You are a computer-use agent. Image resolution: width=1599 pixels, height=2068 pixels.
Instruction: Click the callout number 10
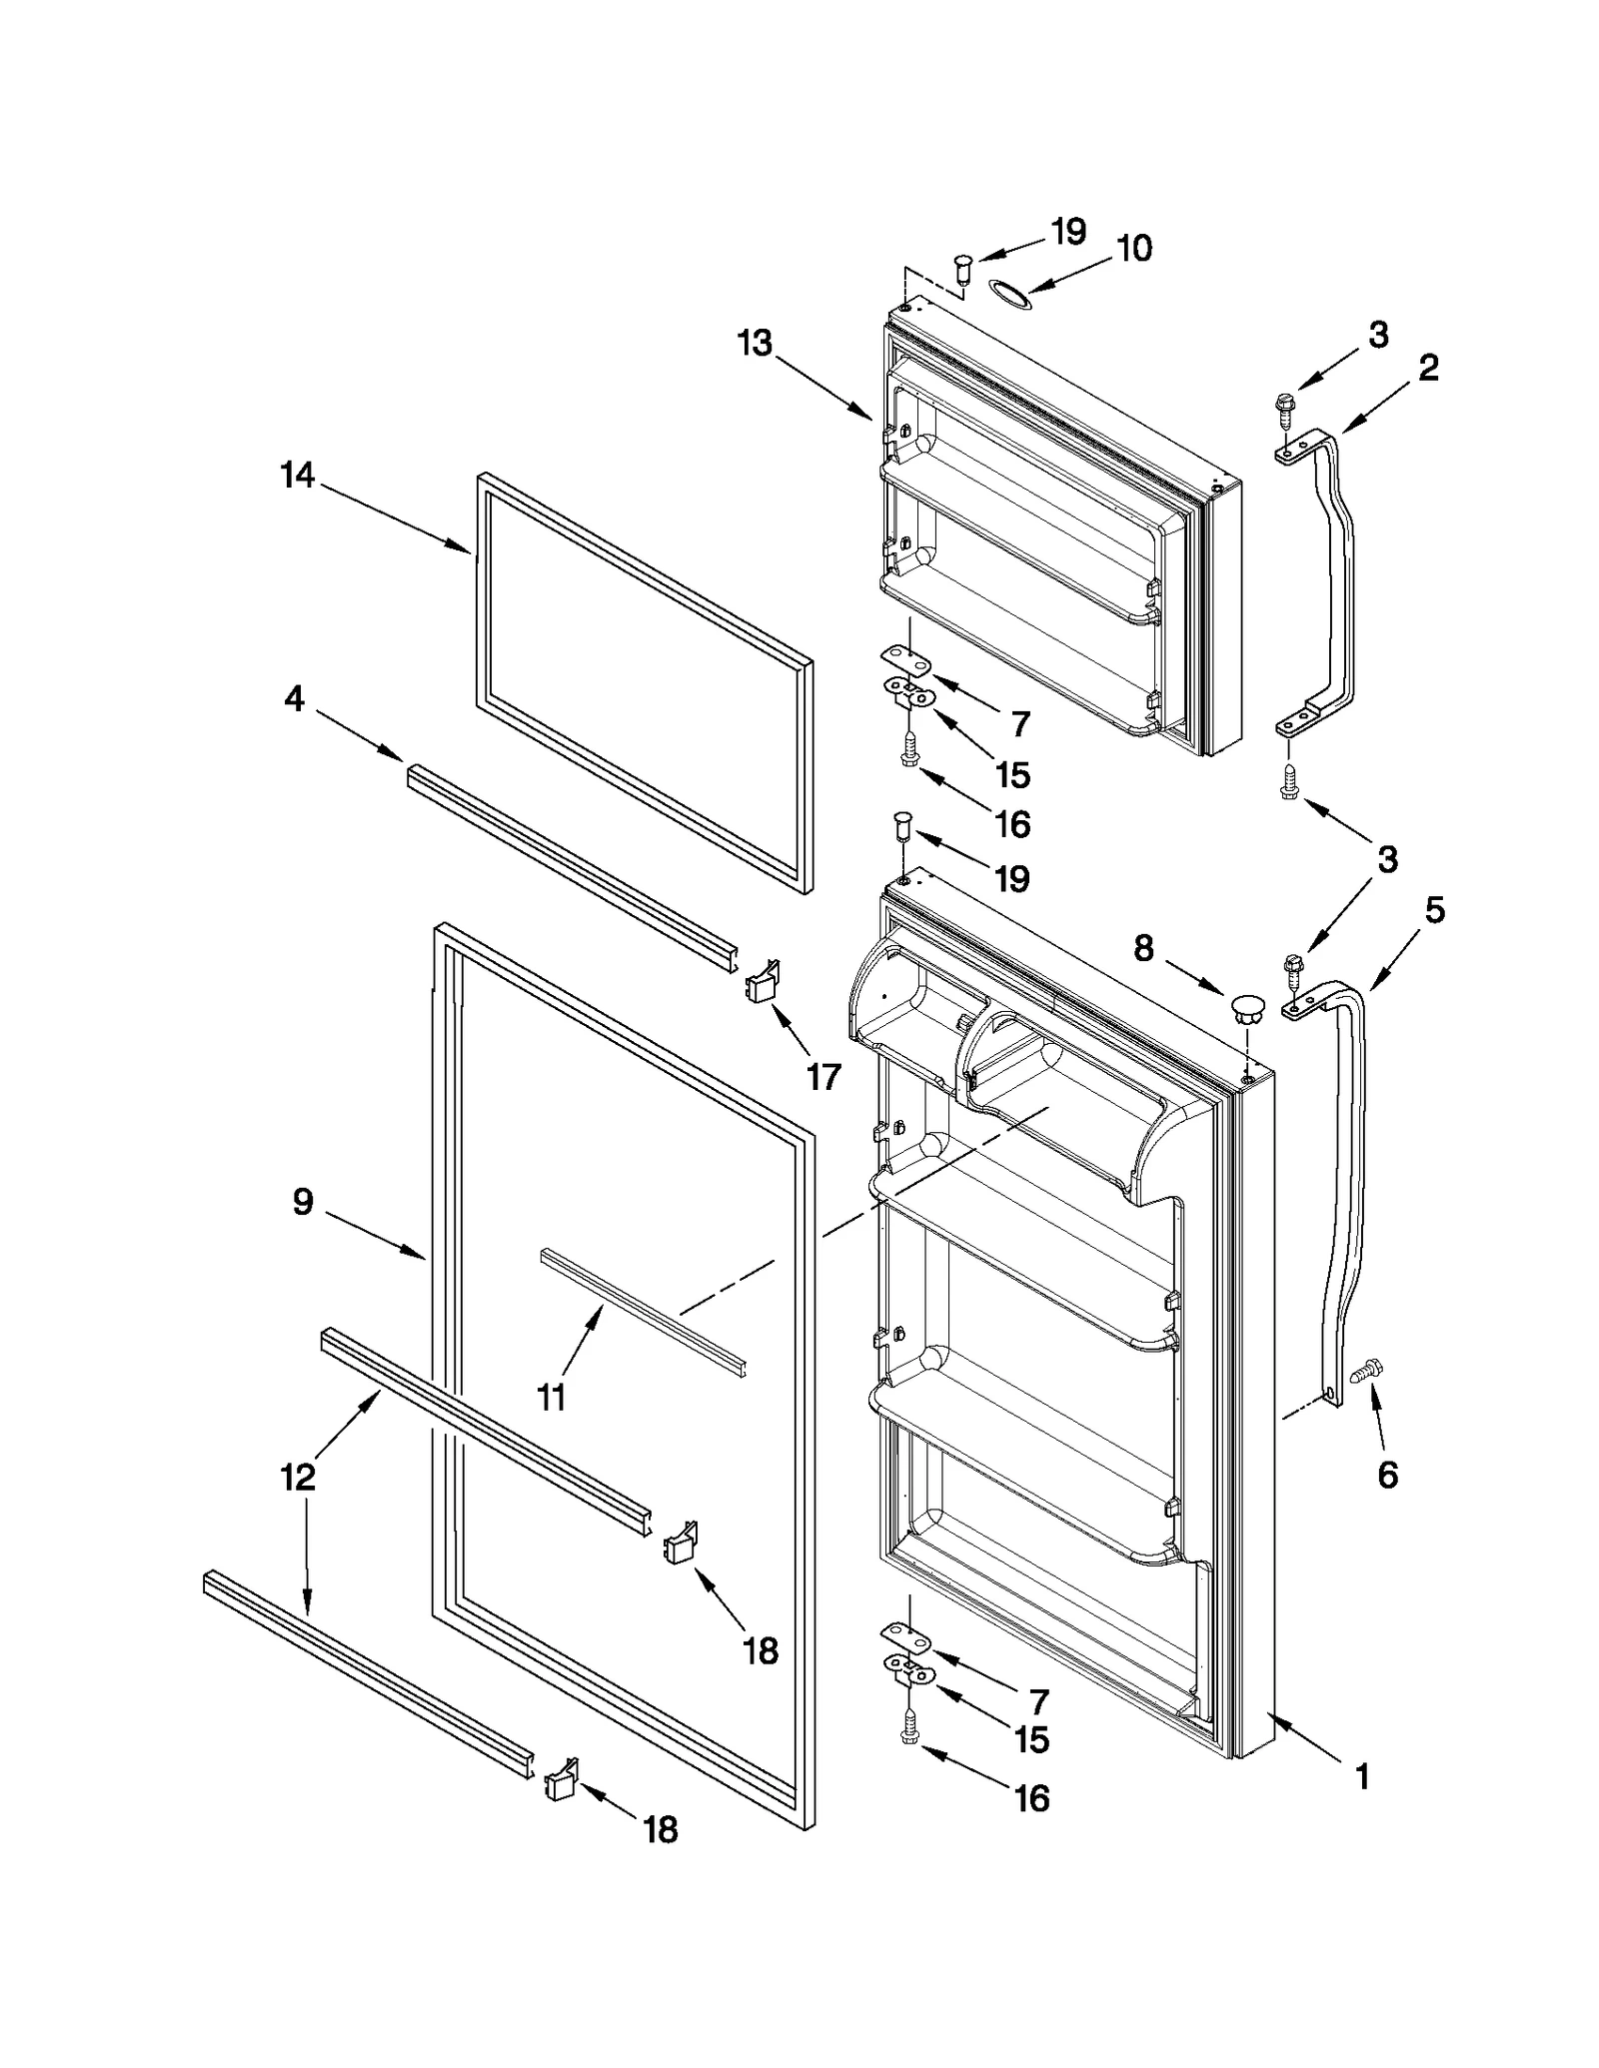(x=1133, y=248)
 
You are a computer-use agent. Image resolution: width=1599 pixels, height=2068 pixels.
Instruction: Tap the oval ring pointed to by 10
(x=1007, y=291)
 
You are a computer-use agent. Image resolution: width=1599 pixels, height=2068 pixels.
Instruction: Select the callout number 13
(x=755, y=343)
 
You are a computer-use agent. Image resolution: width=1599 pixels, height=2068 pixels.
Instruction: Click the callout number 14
(x=297, y=476)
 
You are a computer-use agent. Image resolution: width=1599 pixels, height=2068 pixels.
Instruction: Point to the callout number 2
(x=1428, y=368)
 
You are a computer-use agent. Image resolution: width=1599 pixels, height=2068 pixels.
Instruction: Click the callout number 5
(x=1434, y=910)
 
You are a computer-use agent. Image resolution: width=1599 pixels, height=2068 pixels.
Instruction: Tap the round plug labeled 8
(x=1246, y=1007)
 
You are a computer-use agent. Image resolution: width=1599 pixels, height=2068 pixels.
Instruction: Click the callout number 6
(x=1387, y=1475)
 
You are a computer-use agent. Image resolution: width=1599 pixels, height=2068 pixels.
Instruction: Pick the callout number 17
(x=823, y=1077)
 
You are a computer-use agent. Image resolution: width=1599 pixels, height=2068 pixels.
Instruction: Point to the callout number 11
(x=552, y=1396)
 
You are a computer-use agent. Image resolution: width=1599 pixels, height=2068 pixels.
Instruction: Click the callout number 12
(x=298, y=1477)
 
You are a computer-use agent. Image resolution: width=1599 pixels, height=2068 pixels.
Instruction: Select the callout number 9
(x=303, y=1202)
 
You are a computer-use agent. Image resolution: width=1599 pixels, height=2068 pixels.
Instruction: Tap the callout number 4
(x=294, y=699)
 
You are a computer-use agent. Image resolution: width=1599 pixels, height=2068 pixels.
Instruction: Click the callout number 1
(x=1361, y=1775)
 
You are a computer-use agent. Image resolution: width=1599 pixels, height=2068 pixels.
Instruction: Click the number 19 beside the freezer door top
(x=1067, y=232)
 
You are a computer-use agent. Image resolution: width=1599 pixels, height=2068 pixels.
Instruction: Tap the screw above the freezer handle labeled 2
(x=1283, y=406)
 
